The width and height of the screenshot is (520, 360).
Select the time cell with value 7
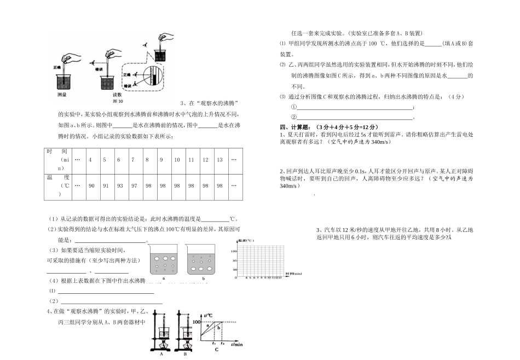click(x=132, y=160)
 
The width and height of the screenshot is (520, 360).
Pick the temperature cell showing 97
click(x=132, y=185)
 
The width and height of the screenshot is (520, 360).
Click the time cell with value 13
click(x=219, y=160)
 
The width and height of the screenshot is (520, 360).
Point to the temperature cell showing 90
click(x=91, y=185)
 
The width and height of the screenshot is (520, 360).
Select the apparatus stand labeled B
click(x=184, y=334)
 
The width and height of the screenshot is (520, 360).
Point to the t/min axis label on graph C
click(x=236, y=344)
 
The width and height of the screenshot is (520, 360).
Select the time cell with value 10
click(x=177, y=160)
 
